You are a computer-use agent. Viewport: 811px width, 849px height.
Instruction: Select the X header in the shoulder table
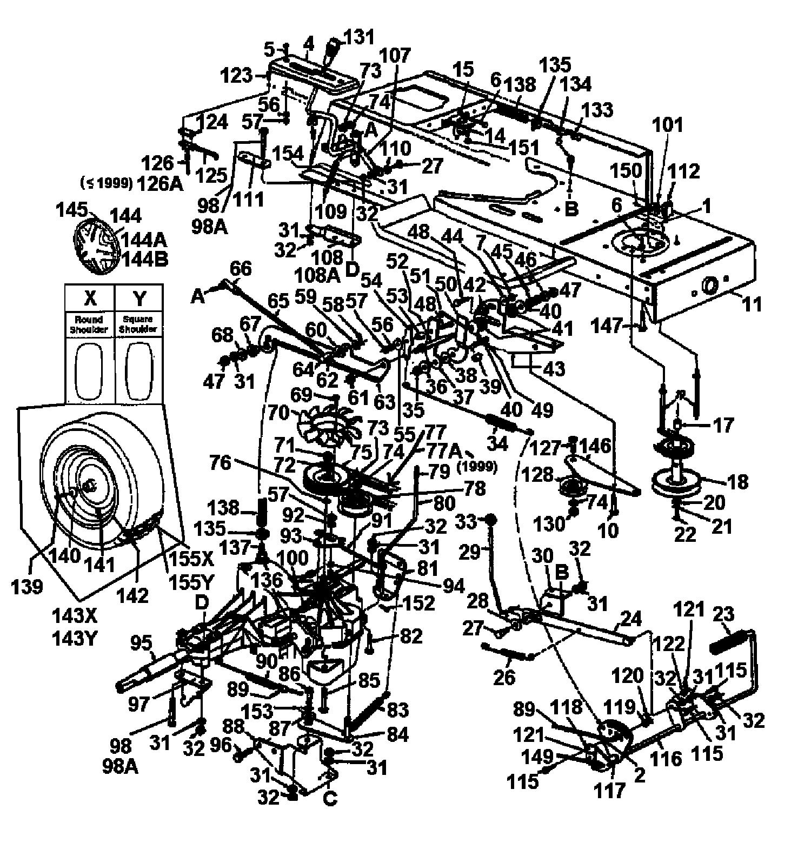click(90, 298)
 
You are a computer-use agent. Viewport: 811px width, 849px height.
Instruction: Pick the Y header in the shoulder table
click(139, 298)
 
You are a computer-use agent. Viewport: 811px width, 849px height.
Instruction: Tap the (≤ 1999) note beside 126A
click(107, 183)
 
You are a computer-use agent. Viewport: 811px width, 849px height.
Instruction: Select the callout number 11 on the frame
click(752, 304)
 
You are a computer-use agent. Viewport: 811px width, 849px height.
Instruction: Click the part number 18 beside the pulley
click(738, 480)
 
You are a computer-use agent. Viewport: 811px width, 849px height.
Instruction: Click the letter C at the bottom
click(330, 797)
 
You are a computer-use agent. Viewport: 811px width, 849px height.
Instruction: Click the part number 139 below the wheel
click(28, 586)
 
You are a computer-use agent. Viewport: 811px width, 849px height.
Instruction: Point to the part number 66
click(241, 269)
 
